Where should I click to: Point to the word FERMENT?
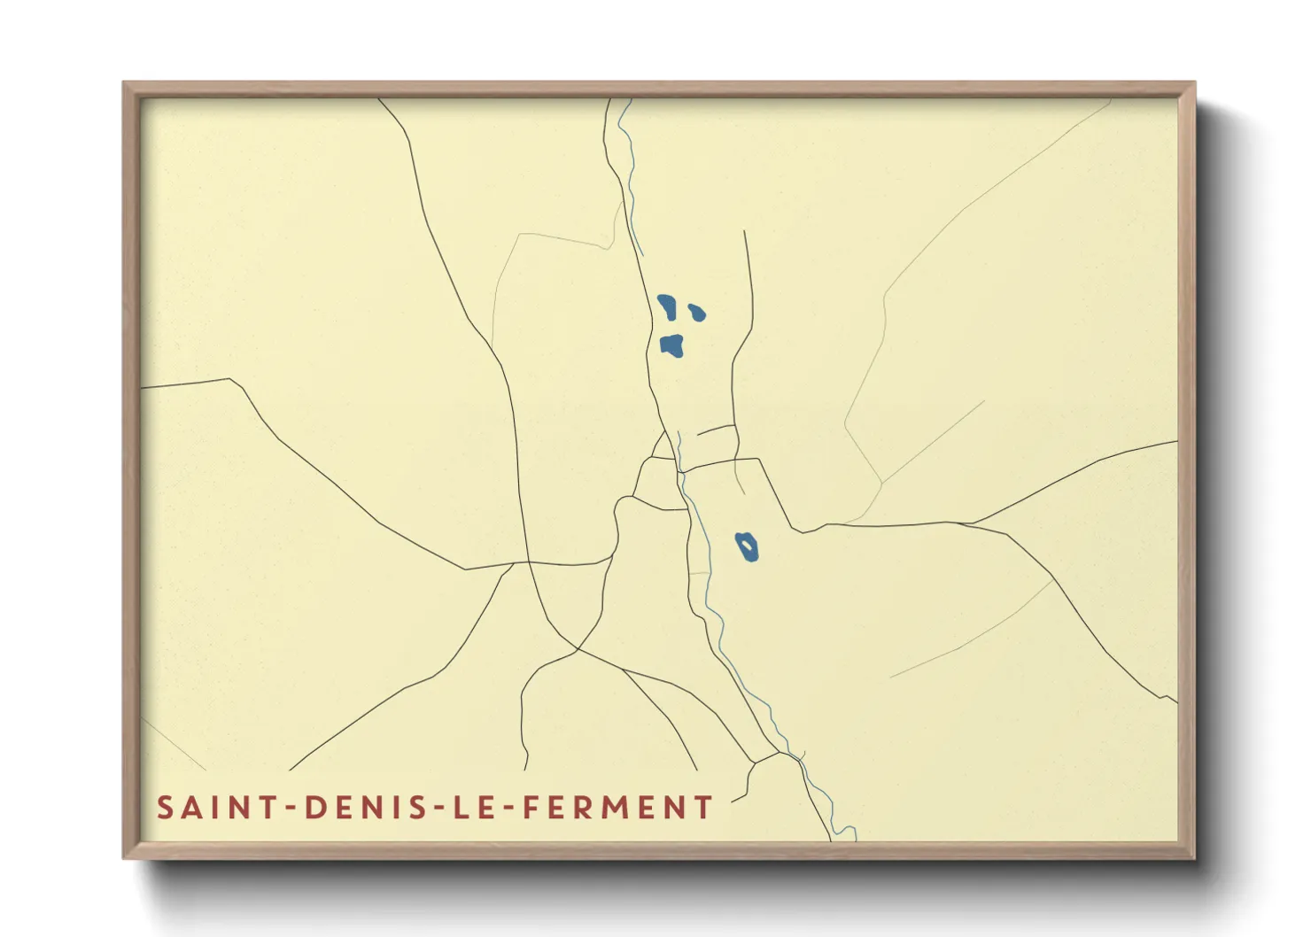(617, 808)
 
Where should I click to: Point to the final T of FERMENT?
(704, 808)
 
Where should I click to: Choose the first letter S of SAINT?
(165, 808)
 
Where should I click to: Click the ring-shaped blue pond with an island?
(747, 546)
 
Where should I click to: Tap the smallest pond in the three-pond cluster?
(697, 312)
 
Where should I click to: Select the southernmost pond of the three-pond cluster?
(672, 345)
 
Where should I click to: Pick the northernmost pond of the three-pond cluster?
(667, 306)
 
